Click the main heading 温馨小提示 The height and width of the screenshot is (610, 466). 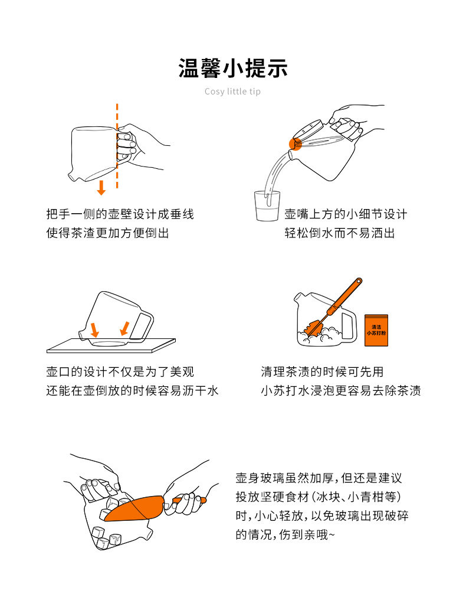pos(233,68)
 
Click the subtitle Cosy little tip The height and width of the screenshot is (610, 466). pos(232,92)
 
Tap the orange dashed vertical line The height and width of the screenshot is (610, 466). pos(117,146)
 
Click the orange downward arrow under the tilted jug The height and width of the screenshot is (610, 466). pos(101,187)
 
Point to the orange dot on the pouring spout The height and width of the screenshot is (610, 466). pos(296,143)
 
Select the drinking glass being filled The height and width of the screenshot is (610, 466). pos(267,206)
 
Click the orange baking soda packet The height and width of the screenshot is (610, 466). pos(376,330)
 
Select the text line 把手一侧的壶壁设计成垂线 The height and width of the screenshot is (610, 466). pos(120,214)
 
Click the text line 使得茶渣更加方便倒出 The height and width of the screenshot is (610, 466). pos(108,233)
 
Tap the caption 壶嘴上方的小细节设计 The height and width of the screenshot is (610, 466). pos(346,214)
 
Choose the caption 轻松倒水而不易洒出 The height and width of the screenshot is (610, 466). pos(340,233)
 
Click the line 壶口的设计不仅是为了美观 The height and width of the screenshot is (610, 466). pos(120,372)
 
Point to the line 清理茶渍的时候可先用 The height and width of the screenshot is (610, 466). pos(322,372)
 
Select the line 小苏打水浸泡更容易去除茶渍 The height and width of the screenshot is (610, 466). pos(341,390)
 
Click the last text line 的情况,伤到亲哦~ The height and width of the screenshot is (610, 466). pos(285,534)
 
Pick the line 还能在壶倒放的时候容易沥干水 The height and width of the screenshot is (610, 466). pos(133,390)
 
